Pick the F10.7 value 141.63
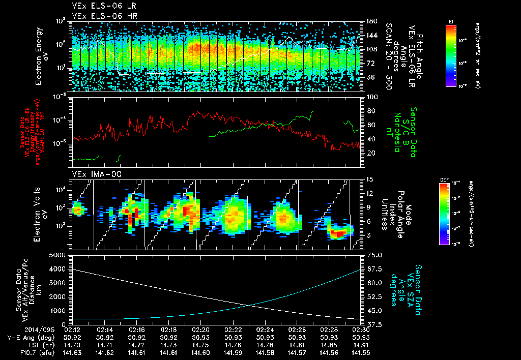(73, 352)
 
